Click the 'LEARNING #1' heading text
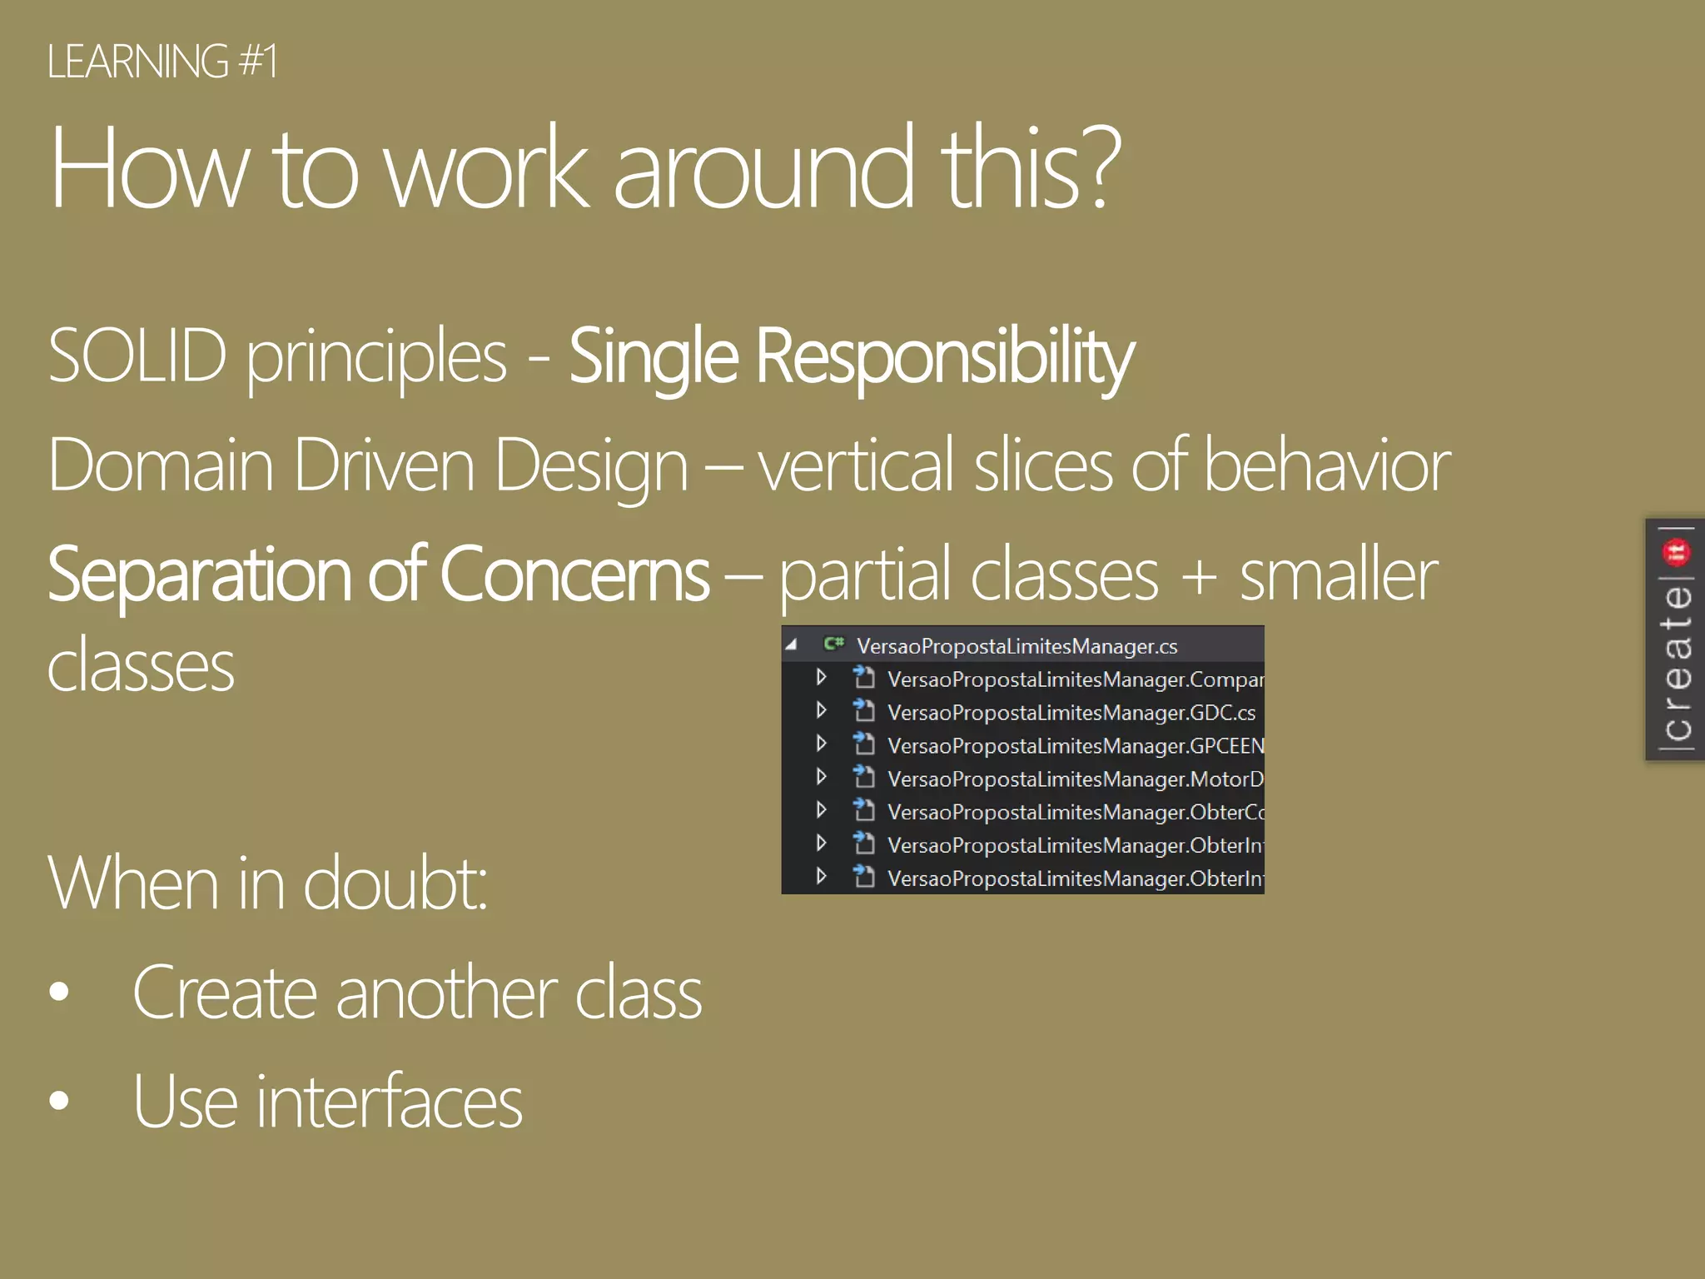point(162,62)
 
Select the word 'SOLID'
point(137,356)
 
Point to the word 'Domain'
point(161,465)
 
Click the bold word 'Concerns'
point(574,575)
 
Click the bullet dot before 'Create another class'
point(59,991)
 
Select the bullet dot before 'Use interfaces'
point(59,1100)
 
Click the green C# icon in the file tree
point(833,644)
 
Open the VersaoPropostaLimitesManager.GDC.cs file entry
point(1071,713)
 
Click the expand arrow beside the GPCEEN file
point(821,744)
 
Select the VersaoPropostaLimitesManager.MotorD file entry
point(1074,779)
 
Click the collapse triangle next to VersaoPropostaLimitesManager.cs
point(792,644)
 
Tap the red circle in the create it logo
point(1676,551)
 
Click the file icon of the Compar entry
point(864,678)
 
